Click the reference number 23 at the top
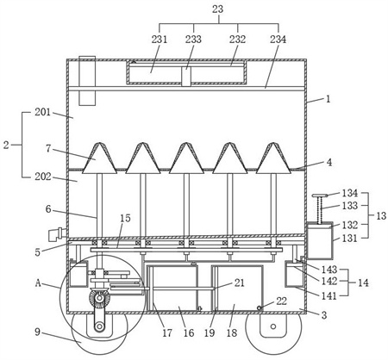click(x=217, y=9)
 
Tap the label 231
click(x=160, y=39)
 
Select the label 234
click(x=278, y=39)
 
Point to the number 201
click(x=42, y=112)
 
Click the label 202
click(x=42, y=177)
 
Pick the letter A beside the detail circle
click(x=38, y=283)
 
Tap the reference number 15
click(x=125, y=218)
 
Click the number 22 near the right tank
click(x=281, y=301)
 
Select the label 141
click(x=329, y=295)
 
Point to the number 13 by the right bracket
click(x=381, y=215)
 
